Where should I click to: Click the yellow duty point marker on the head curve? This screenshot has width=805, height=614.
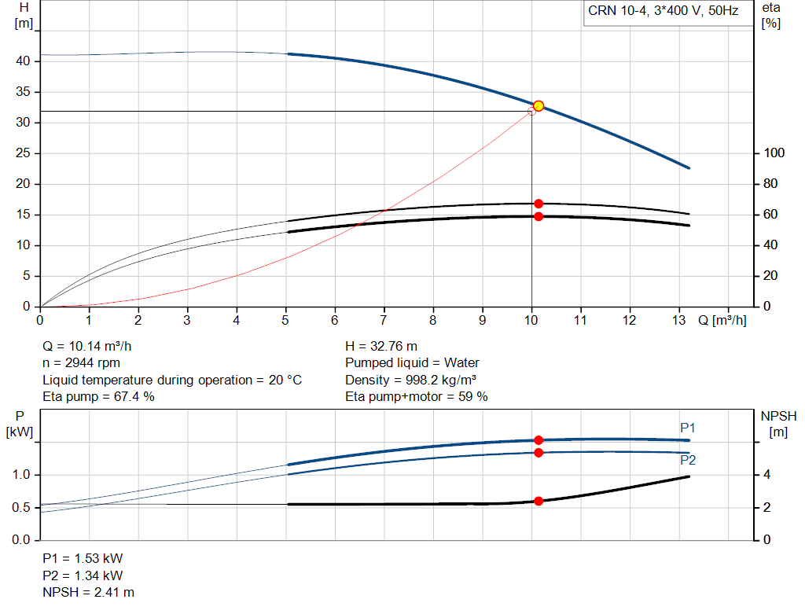pos(539,106)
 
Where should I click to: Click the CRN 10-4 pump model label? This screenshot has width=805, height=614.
pos(663,11)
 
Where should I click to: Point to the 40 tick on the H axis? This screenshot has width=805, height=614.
pos(23,61)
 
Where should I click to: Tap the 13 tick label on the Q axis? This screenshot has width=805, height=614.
pos(678,320)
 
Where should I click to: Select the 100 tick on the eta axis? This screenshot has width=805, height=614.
pos(774,153)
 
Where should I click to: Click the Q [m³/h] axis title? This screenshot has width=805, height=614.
pos(722,320)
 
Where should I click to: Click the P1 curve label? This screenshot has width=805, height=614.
pos(687,428)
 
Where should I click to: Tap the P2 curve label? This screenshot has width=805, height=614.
pos(688,460)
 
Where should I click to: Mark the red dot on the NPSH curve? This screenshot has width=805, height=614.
pos(539,501)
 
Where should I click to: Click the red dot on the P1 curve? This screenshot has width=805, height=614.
pos(539,440)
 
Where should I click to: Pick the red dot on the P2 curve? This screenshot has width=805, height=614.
pos(539,452)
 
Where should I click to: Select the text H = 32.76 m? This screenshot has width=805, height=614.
pos(381,347)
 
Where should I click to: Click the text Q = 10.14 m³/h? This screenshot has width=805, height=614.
pos(86,347)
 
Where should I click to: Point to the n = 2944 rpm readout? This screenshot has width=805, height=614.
pos(81,363)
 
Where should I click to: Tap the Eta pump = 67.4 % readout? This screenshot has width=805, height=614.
pos(98,397)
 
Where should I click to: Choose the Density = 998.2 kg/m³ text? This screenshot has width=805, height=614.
pos(410,380)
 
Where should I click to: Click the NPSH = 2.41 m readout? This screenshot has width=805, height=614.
pos(88,593)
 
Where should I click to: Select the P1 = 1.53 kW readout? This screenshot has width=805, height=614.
pos(83,558)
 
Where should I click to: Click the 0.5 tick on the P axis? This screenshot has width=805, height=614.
pos(21,507)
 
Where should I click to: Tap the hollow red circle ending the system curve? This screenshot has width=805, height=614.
pos(531,112)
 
